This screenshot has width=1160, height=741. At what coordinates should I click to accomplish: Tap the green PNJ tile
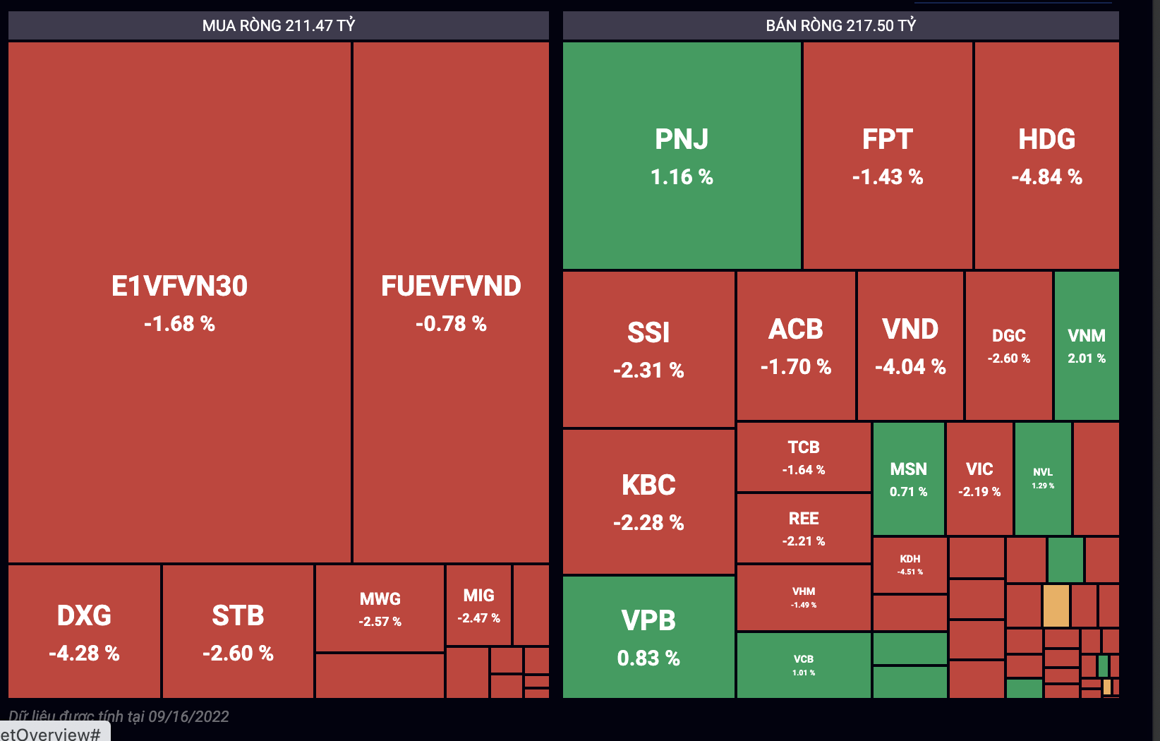click(682, 155)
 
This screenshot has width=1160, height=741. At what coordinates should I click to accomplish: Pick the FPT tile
click(887, 155)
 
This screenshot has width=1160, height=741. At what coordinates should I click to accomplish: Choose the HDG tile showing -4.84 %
click(1046, 155)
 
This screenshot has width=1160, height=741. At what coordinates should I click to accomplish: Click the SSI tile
click(648, 349)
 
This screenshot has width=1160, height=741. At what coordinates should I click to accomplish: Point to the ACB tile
click(796, 346)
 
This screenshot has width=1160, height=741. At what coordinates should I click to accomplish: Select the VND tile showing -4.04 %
click(910, 346)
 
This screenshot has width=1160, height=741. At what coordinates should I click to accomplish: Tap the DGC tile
click(1008, 346)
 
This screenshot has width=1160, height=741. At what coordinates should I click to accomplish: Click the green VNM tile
click(1087, 346)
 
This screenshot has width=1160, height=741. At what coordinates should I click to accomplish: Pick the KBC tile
click(648, 502)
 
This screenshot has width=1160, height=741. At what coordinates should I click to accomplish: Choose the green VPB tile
click(648, 637)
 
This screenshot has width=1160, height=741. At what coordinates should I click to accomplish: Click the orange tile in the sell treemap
click(1056, 605)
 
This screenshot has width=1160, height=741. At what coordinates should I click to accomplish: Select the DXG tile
click(84, 632)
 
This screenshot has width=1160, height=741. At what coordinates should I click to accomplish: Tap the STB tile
click(238, 632)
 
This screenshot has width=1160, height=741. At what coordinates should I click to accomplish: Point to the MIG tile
click(478, 605)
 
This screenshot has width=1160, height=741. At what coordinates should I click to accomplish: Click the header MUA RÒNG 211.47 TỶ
click(279, 25)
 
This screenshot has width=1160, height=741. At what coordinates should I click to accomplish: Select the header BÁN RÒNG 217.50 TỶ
click(840, 25)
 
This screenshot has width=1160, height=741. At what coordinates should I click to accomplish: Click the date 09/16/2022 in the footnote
click(188, 716)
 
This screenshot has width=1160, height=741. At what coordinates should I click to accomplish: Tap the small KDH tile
click(910, 565)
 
